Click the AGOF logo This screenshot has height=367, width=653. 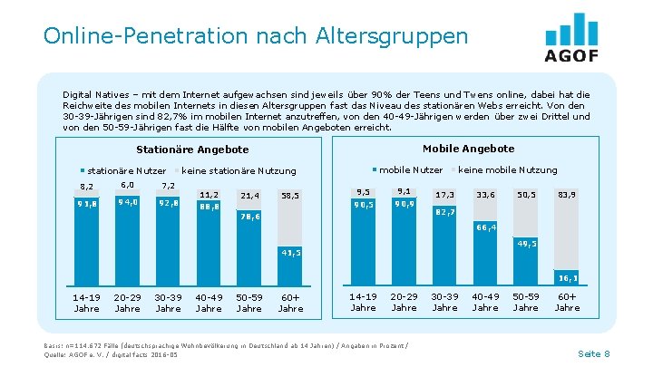pyautogui.click(x=571, y=37)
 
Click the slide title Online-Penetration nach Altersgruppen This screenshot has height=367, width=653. pyautogui.click(x=255, y=36)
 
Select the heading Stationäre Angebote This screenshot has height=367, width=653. pyautogui.click(x=191, y=150)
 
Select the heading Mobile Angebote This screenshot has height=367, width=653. pyautogui.click(x=468, y=149)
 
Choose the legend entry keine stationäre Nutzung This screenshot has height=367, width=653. pyautogui.click(x=239, y=170)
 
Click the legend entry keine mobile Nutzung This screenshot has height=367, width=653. pyautogui.click(x=507, y=169)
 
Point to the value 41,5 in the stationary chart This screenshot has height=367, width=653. pyautogui.click(x=290, y=252)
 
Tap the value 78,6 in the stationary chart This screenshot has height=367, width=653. pyautogui.click(x=249, y=217)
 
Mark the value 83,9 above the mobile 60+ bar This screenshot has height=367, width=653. pyautogui.click(x=567, y=195)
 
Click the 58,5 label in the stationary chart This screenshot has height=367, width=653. pyautogui.click(x=290, y=196)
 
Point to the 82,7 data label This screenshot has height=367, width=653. pyautogui.click(x=444, y=212)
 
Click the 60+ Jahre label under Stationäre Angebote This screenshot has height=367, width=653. pyautogui.click(x=290, y=302)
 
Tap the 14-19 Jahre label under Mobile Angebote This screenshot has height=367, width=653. pyautogui.click(x=363, y=302)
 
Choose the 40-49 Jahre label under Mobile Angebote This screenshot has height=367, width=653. pyautogui.click(x=485, y=302)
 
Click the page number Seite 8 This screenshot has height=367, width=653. pyautogui.click(x=593, y=353)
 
